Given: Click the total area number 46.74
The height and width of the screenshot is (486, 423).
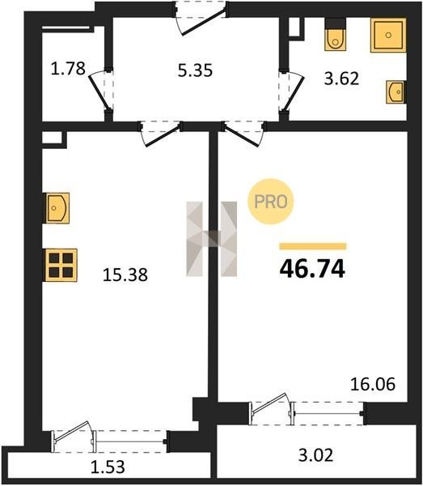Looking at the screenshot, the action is pyautogui.click(x=312, y=269).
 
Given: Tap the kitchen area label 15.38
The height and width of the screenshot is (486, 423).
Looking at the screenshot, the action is pyautogui.click(x=125, y=275).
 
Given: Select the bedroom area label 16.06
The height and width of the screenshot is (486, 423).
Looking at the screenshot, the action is pyautogui.click(x=373, y=384).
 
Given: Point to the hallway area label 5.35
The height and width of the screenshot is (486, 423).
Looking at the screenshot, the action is pyautogui.click(x=195, y=70).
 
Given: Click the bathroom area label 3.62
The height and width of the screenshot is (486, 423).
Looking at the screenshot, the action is pyautogui.click(x=341, y=79).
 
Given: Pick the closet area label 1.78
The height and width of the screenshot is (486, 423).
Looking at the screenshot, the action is pyautogui.click(x=68, y=69).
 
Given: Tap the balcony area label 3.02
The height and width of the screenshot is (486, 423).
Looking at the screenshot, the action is pyautogui.click(x=315, y=455).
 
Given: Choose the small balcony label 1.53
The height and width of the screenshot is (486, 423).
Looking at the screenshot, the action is pyautogui.click(x=108, y=467).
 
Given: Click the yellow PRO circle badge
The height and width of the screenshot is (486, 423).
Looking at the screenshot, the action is pyautogui.click(x=270, y=202).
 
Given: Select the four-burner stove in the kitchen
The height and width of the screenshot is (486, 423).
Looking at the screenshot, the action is pyautogui.click(x=61, y=265).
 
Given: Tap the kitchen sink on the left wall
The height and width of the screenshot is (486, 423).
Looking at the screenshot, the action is pyautogui.click(x=57, y=207).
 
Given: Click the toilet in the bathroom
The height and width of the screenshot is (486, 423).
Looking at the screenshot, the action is pyautogui.click(x=335, y=35).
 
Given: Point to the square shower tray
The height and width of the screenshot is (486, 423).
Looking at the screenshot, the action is pyautogui.click(x=388, y=35).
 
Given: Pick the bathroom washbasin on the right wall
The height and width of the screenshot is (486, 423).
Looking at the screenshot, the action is pyautogui.click(x=396, y=92).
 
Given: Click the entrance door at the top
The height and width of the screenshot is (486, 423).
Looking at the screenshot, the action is pyautogui.click(x=201, y=19).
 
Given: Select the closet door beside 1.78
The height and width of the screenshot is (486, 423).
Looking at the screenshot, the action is pyautogui.click(x=100, y=91).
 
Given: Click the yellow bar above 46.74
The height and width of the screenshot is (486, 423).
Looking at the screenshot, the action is pyautogui.click(x=313, y=246).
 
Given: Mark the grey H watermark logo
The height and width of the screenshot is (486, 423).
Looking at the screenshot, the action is pyautogui.click(x=212, y=239).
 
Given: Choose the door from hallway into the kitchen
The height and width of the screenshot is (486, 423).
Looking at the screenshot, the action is pyautogui.click(x=160, y=134).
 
